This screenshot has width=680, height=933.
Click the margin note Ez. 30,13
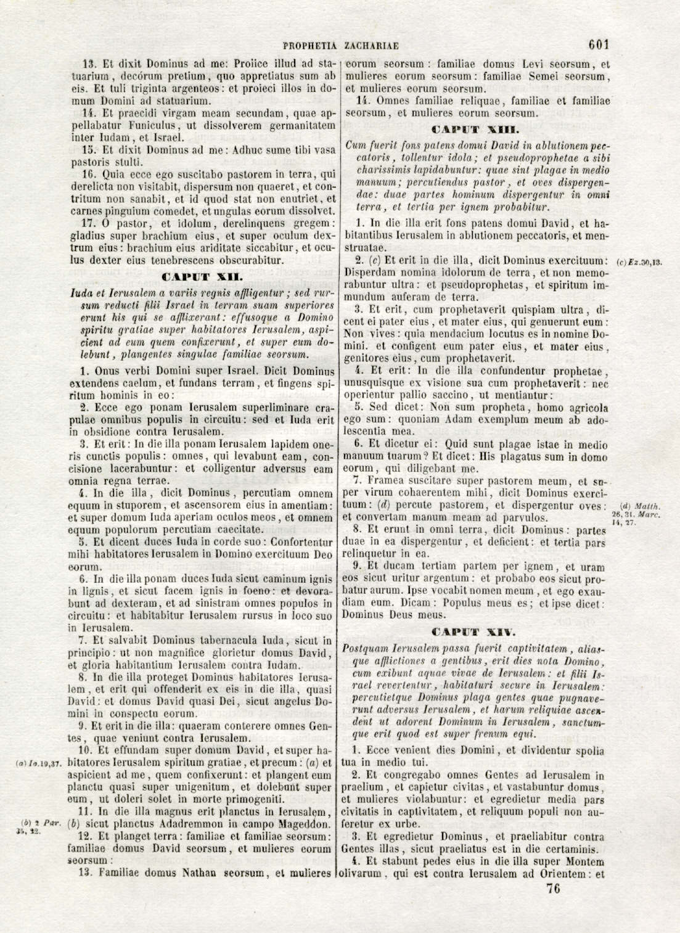point(639,262)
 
